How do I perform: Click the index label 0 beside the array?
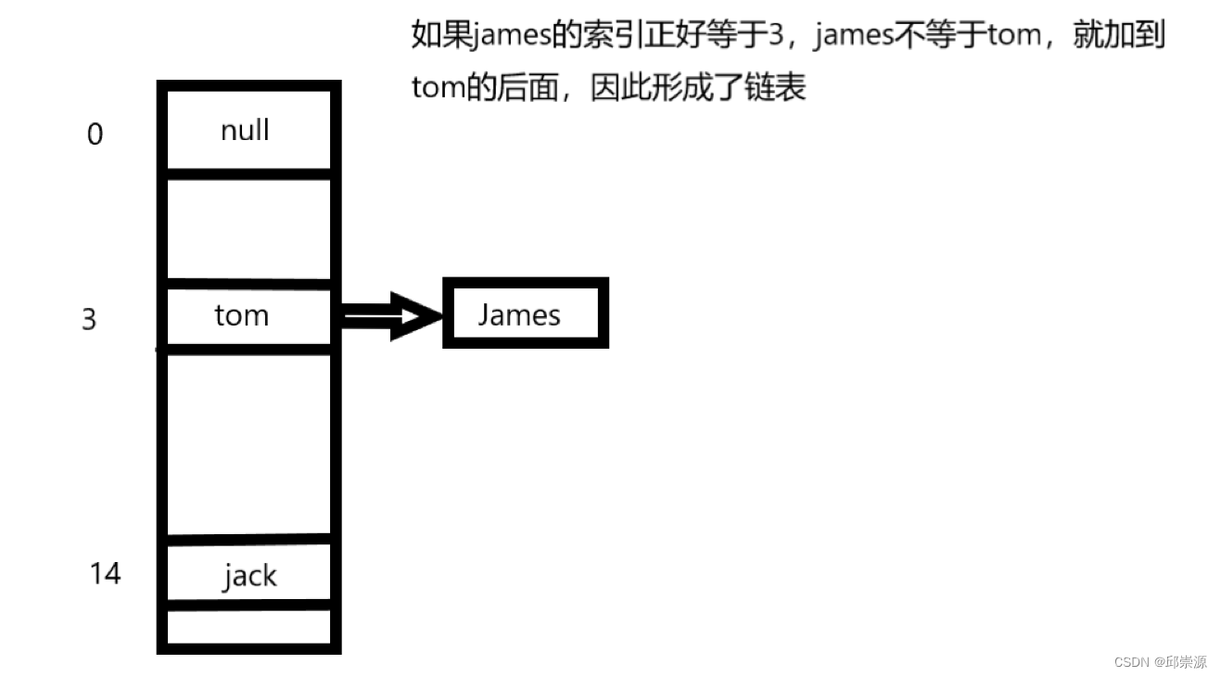[95, 135]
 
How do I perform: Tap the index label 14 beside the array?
[105, 573]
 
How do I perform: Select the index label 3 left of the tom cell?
[89, 320]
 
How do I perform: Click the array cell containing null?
[247, 130]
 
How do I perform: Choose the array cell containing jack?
[248, 575]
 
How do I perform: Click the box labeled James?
[525, 314]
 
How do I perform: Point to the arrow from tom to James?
[389, 316]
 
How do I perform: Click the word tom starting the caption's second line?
[438, 87]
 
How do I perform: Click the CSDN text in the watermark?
[1131, 661]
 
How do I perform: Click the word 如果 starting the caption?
[441, 35]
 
